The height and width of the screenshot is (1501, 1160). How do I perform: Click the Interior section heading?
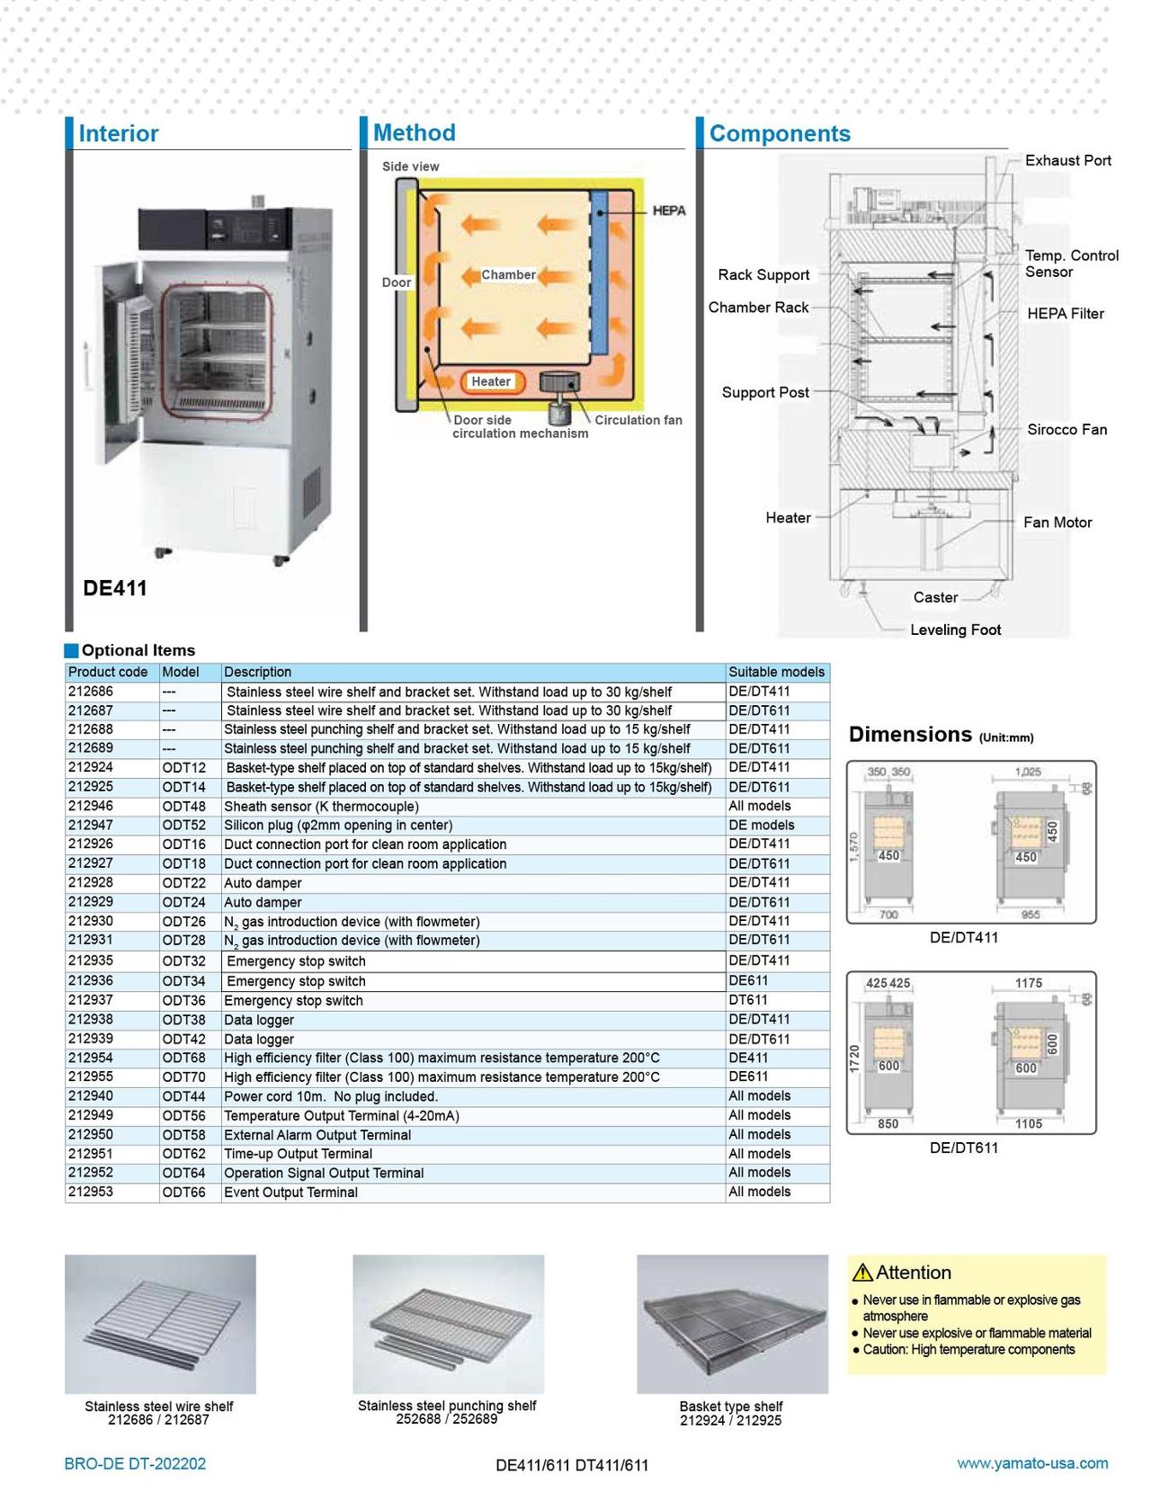[118, 133]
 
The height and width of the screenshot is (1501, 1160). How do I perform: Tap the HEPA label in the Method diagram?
[668, 210]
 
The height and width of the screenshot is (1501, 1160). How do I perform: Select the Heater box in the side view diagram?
[491, 381]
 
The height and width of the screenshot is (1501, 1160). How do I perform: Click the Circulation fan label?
[638, 420]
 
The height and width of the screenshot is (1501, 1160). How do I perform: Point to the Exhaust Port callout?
[1067, 160]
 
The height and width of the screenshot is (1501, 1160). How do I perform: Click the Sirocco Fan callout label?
[1066, 429]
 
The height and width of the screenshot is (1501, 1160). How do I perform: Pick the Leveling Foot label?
[955, 630]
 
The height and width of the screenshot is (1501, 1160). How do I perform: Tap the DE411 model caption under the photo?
[114, 588]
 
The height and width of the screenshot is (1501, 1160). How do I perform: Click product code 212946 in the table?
[90, 806]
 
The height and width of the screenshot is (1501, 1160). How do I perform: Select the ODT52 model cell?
[183, 825]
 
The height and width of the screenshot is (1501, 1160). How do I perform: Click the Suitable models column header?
[776, 672]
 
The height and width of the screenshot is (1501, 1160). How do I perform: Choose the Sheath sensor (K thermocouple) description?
[321, 806]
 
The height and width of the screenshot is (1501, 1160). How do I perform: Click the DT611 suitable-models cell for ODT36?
[747, 1000]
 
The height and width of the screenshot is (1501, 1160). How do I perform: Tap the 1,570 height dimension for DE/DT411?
[854, 848]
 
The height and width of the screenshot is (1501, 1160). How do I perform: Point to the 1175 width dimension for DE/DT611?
[1028, 983]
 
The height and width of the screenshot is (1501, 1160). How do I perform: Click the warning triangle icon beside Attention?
[862, 1273]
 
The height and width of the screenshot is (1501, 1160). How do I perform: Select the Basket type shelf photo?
[732, 1324]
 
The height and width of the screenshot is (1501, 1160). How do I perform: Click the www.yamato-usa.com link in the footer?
[1031, 1463]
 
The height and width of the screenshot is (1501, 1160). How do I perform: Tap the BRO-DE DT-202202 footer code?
[135, 1463]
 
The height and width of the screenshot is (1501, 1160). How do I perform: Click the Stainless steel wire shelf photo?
[160, 1324]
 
